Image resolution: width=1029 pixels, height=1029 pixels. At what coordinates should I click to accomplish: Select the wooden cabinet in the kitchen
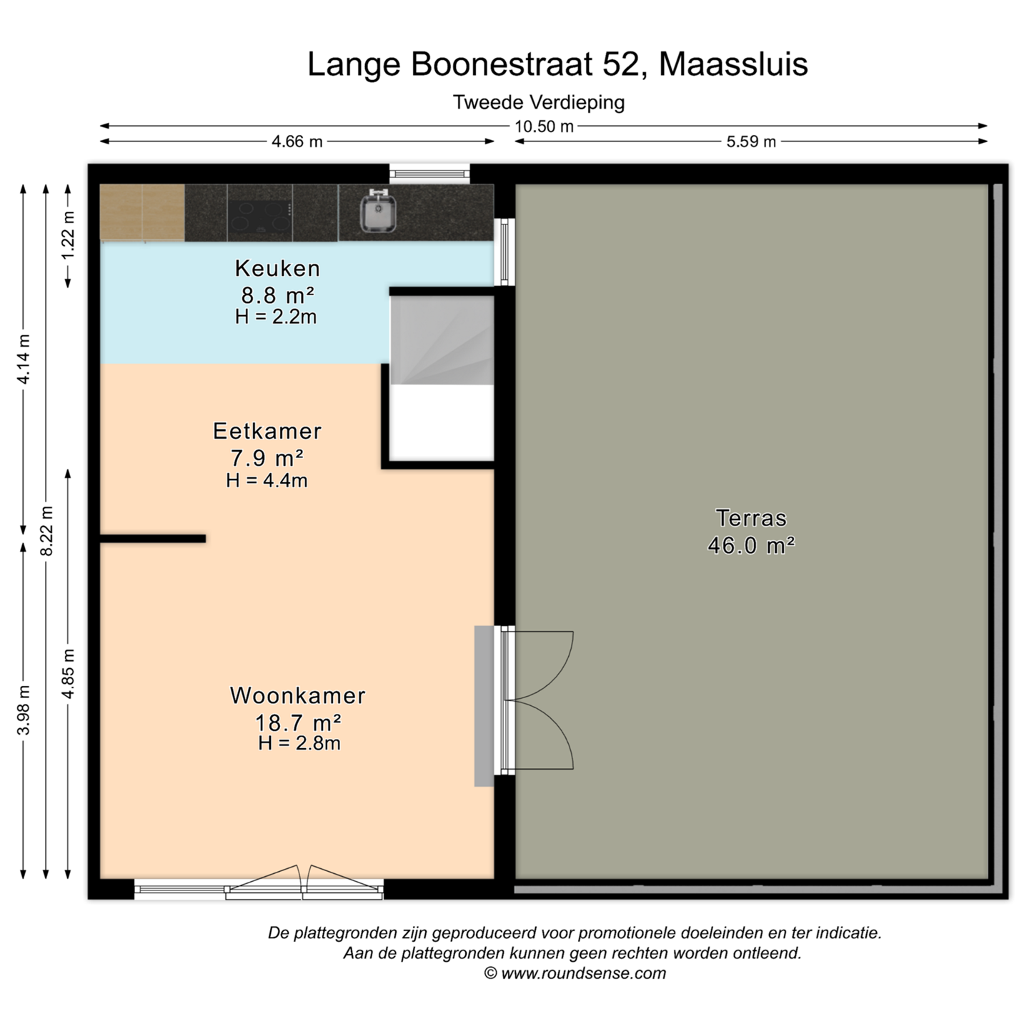[142, 212]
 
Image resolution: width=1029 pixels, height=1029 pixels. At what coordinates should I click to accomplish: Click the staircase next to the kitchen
[442, 340]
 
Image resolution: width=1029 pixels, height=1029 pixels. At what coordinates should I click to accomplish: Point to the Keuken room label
[277, 268]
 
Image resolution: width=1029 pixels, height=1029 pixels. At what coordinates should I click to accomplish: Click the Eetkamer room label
[267, 431]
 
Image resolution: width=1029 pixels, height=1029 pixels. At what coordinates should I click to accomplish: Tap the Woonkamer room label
[298, 695]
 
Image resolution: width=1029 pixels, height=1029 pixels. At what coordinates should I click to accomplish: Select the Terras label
[751, 518]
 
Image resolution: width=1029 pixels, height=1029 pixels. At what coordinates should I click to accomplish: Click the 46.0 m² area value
[751, 545]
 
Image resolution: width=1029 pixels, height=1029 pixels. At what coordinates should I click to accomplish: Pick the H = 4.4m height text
[267, 481]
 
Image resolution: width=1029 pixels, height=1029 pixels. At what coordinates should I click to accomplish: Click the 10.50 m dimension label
[544, 126]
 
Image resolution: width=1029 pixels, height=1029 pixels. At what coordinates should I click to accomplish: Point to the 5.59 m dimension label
[751, 141]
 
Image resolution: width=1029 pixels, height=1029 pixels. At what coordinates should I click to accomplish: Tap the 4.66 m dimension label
[297, 141]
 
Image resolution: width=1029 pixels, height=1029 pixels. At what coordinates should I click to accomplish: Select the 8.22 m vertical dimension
[47, 530]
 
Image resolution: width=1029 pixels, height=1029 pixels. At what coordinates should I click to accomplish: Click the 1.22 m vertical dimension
[69, 236]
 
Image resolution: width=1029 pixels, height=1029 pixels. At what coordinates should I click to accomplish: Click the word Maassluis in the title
[733, 64]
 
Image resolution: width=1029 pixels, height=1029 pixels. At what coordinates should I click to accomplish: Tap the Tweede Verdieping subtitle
[539, 102]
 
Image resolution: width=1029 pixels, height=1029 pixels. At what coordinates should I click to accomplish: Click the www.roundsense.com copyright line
[575, 973]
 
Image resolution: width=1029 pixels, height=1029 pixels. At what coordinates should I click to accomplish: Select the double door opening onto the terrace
[537, 700]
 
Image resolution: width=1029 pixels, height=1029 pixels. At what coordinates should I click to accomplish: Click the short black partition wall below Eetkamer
[153, 539]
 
